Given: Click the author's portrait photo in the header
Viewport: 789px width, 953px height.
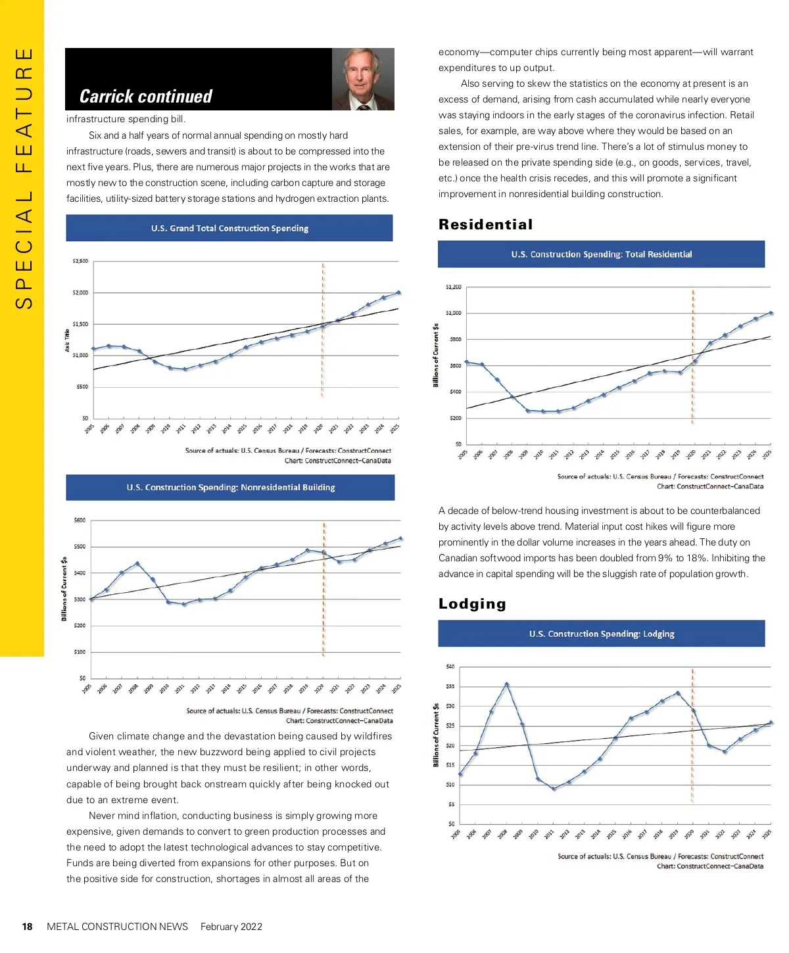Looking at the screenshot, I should point(363,79).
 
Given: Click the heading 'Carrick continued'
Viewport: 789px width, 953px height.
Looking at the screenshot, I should point(146,97).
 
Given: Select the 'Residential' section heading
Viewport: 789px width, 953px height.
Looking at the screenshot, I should point(485,225).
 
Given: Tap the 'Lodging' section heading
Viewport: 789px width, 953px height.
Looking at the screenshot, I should point(472,604).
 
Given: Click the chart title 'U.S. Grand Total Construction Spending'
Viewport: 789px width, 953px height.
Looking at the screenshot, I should point(229,228).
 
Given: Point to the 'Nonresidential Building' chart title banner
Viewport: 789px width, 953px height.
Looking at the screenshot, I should point(230,488).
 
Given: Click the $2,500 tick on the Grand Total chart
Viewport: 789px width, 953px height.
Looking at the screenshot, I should point(80,261).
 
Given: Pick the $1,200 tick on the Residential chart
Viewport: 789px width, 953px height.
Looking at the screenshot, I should point(453,287).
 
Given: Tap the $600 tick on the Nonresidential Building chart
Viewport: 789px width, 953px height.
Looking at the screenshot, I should point(80,521).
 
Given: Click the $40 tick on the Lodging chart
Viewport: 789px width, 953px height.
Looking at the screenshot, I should point(450,666).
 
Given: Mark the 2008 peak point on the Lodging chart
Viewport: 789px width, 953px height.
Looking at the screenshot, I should point(506,684).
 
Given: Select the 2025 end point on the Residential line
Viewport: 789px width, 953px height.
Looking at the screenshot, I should point(771,313).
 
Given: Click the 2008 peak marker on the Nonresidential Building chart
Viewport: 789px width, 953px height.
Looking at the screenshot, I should point(137,563).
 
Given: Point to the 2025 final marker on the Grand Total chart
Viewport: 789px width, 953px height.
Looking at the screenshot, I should point(398,292).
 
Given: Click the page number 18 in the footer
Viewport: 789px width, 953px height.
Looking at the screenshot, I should point(27,927).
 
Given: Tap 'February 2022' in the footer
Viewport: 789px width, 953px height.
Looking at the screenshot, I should point(231,927).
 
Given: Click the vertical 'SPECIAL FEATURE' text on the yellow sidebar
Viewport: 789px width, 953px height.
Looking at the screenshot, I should point(23,177).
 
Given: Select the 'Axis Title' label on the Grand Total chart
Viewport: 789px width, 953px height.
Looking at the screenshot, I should point(67,340).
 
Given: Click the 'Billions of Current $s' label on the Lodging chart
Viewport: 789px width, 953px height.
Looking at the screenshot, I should point(435,735).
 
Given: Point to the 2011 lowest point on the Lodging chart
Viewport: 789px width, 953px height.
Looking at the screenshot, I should point(554,789).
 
